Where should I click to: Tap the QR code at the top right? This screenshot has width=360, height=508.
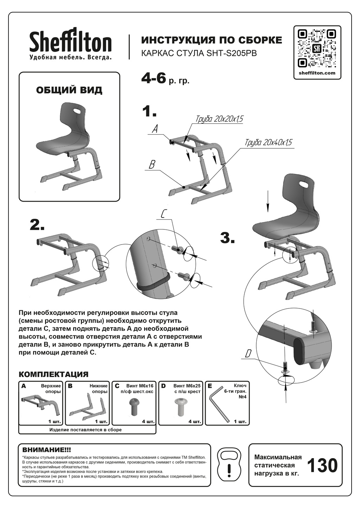click(317, 48)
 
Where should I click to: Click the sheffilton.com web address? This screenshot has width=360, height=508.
click(317, 73)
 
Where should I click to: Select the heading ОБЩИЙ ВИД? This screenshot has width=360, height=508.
click(69, 90)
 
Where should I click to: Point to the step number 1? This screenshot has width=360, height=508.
click(149, 111)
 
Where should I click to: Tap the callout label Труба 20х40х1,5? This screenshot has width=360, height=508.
click(268, 143)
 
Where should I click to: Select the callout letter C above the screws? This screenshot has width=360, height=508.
click(163, 214)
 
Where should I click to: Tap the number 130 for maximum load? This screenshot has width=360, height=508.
click(322, 465)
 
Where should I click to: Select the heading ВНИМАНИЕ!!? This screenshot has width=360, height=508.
click(46, 449)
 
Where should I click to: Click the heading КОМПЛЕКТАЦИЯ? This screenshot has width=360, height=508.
click(53, 374)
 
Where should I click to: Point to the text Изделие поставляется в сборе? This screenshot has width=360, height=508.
click(85, 430)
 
